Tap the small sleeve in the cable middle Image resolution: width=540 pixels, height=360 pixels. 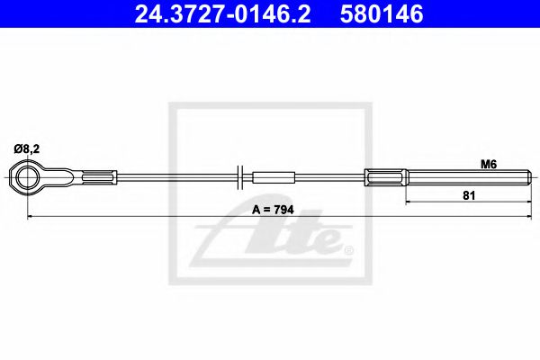(x=274, y=176)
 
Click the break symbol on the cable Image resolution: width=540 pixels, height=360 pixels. (x=239, y=176)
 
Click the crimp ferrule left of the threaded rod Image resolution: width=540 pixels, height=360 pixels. (x=384, y=176)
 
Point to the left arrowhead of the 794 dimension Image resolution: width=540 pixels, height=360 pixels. (x=32, y=217)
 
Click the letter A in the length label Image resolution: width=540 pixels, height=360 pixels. (x=256, y=209)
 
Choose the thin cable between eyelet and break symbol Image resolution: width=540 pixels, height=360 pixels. (x=171, y=176)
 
